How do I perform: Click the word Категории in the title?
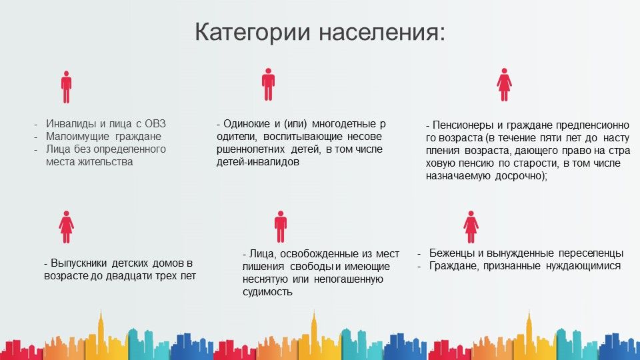pyautogui.click(x=252, y=32)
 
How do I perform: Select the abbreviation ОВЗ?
pyautogui.click(x=155, y=124)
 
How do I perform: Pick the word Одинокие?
pyautogui.click(x=247, y=124)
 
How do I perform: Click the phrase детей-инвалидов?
pyautogui.click(x=257, y=161)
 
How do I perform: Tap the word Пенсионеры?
pyautogui.click(x=463, y=125)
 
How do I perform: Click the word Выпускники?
pyautogui.click(x=79, y=263)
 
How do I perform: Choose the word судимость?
pyautogui.click(x=267, y=292)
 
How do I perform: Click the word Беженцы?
pyautogui.click(x=452, y=253)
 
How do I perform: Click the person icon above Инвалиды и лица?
pyautogui.click(x=66, y=87)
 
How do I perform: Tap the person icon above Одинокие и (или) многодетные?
pyautogui.click(x=268, y=85)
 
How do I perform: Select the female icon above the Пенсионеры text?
pyautogui.click(x=504, y=85)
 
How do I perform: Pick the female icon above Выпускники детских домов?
pyautogui.click(x=66, y=227)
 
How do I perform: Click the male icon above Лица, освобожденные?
pyautogui.click(x=281, y=227)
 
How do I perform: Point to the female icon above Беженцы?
pyautogui.click(x=471, y=227)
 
